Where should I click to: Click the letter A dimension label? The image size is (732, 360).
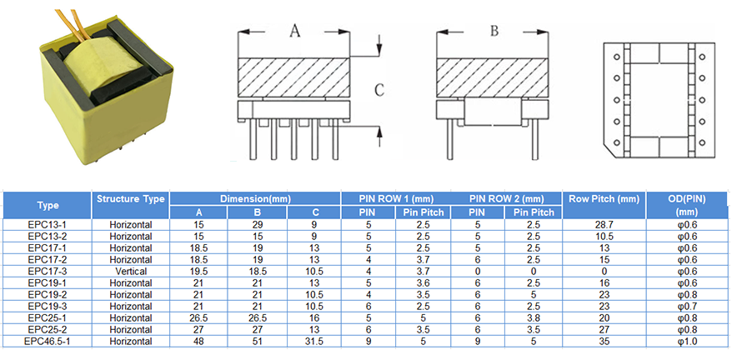coord(294,32)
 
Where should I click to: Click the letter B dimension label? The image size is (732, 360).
coord(494,32)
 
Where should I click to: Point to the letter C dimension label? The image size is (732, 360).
coord(379,89)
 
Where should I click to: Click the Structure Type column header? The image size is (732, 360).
coord(130,199)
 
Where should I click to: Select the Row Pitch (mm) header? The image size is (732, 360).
coord(604,199)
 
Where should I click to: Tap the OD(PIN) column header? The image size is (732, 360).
coord(688,205)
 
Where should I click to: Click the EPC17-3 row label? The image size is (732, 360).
coord(47,272)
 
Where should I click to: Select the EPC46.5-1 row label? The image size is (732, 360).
coord(47,342)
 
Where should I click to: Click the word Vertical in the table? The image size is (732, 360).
coord(131,272)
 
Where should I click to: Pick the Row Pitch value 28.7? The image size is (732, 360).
coord(604,225)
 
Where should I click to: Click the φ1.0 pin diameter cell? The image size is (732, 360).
coord(688,342)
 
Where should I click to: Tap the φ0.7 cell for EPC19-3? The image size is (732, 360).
coord(688,307)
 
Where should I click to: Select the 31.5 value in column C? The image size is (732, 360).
coord(313,342)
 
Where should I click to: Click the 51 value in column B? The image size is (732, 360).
coord(257,342)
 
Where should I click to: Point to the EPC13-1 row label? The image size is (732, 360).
coord(47,225)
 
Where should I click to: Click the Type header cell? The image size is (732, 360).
coord(47,205)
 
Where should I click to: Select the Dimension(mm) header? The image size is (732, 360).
coord(255,199)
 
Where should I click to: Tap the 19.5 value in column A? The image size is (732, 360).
coord(198,272)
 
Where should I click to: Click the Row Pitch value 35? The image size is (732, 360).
coord(604,342)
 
